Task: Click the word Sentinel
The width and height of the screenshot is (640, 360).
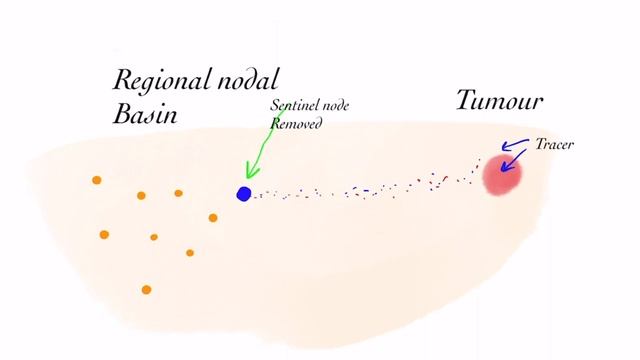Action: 294,106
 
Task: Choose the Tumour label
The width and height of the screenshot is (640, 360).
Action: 500,101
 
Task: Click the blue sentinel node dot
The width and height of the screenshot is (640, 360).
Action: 244,193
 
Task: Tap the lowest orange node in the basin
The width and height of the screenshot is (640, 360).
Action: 146,290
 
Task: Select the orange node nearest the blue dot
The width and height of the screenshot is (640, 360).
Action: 213,217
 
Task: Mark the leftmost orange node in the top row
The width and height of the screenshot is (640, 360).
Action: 97,180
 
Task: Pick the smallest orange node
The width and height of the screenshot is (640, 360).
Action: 154,237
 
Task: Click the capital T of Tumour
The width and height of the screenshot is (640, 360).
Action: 467,100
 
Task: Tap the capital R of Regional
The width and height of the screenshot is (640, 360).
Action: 124,81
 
